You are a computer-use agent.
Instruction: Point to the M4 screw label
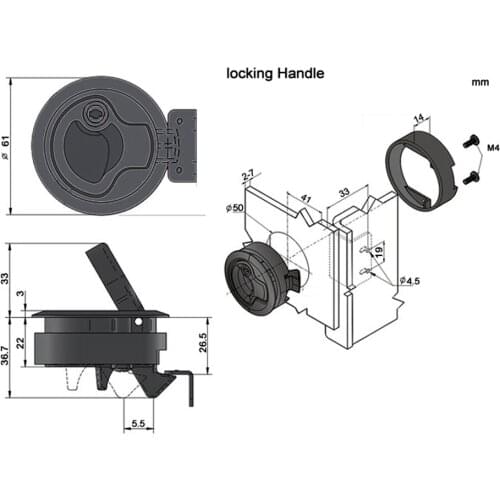pyautogui.click(x=491, y=148)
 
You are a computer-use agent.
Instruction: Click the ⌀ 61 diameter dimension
pyautogui.click(x=9, y=147)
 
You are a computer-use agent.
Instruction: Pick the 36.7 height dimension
pyautogui.click(x=9, y=352)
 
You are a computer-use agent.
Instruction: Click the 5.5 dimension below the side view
pyautogui.click(x=139, y=424)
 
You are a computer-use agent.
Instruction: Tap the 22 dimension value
pyautogui.click(x=22, y=343)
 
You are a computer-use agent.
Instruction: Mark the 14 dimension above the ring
pyautogui.click(x=418, y=118)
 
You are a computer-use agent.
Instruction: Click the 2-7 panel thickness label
pyautogui.click(x=247, y=178)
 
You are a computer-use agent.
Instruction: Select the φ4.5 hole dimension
pyautogui.click(x=410, y=281)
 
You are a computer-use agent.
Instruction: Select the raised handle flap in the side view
pyautogui.click(x=112, y=279)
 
